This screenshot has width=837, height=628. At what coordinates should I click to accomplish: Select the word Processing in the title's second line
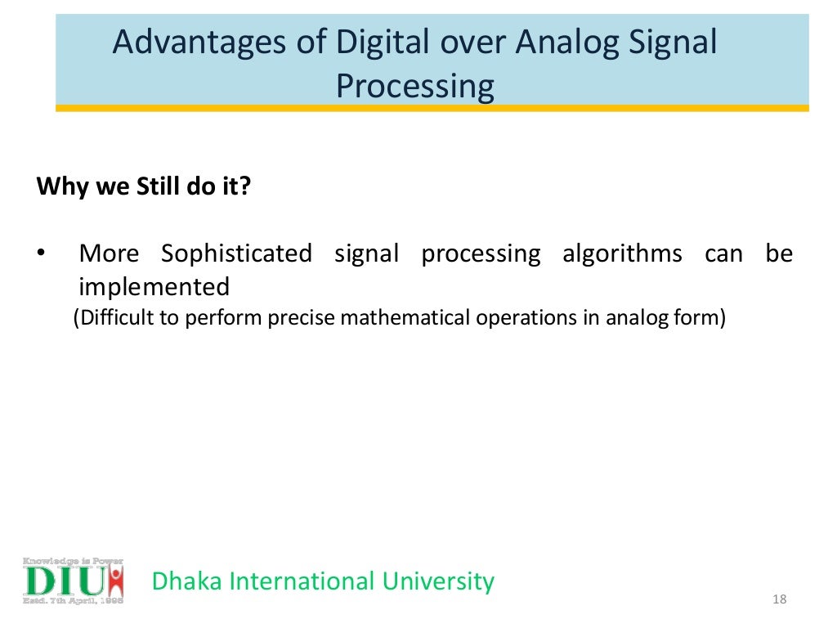(x=415, y=86)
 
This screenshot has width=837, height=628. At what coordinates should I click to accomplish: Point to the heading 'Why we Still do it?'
(x=144, y=186)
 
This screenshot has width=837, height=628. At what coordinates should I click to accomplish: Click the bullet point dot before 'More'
(x=40, y=254)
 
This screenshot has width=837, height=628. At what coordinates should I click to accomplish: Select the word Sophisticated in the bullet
(x=236, y=254)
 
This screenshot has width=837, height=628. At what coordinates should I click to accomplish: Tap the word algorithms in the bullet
(x=622, y=254)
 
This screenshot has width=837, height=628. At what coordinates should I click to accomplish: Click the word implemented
(x=154, y=287)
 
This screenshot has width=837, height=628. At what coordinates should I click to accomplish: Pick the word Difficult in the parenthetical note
(x=115, y=317)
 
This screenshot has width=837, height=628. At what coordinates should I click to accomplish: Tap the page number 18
(x=778, y=602)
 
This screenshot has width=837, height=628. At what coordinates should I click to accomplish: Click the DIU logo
(x=73, y=581)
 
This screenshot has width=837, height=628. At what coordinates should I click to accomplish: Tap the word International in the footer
(x=302, y=581)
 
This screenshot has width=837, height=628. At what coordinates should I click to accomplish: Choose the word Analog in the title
(x=564, y=43)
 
